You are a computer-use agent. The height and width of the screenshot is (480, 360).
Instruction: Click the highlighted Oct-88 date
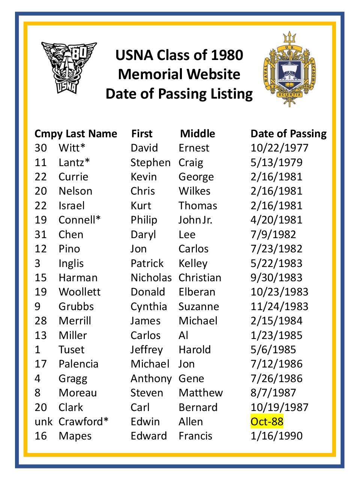pos(267,421)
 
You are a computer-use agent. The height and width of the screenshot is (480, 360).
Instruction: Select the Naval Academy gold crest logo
pos(289,69)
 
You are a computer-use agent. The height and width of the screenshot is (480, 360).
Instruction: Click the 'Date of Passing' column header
pos(288,133)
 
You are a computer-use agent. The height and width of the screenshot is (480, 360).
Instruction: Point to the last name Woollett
pos(79,292)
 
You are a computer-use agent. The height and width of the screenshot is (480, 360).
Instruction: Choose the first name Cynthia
pos(148,306)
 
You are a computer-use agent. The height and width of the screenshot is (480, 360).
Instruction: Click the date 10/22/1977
pos(279,148)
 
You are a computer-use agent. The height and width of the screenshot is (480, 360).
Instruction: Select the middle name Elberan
pos(197,292)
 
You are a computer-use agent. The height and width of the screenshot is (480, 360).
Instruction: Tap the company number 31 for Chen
pos(40,234)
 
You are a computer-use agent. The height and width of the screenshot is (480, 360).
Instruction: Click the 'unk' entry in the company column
pos(43,421)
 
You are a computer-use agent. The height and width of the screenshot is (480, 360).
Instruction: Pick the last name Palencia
pos(78,364)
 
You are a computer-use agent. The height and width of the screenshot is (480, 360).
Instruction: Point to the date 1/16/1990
pos(276,436)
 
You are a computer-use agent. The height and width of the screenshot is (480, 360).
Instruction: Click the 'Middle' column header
pos(198,133)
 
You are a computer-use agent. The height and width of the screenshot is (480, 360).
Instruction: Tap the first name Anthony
pos(151,378)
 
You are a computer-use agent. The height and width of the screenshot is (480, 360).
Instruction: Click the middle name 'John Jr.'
pos(195,220)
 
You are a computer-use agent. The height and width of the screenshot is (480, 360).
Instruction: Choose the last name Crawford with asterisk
pos(83,421)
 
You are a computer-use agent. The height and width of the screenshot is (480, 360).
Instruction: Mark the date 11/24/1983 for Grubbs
pos(279,306)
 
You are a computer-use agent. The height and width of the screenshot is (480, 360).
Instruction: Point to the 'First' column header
pos(142,133)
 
